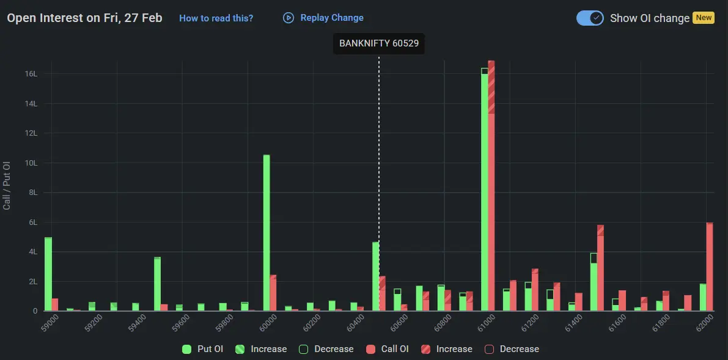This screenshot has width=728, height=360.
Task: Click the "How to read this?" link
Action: [216, 18]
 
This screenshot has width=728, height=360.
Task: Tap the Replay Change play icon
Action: [289, 18]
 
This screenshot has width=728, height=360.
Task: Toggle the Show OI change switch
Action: [590, 18]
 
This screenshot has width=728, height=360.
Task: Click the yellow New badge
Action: [704, 18]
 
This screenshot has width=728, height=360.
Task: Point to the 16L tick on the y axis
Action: [31, 74]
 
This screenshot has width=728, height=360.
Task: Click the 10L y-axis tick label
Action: [31, 163]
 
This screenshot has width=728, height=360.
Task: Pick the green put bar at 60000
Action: [267, 232]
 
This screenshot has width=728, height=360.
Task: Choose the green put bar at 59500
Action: [157, 284]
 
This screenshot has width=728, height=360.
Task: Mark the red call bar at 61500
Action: [600, 269]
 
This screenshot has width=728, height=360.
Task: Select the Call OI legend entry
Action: [388, 349]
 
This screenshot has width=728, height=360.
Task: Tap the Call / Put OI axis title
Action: [7, 186]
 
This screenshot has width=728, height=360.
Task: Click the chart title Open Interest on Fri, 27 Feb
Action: [84, 18]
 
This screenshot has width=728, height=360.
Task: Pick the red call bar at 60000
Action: [273, 293]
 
